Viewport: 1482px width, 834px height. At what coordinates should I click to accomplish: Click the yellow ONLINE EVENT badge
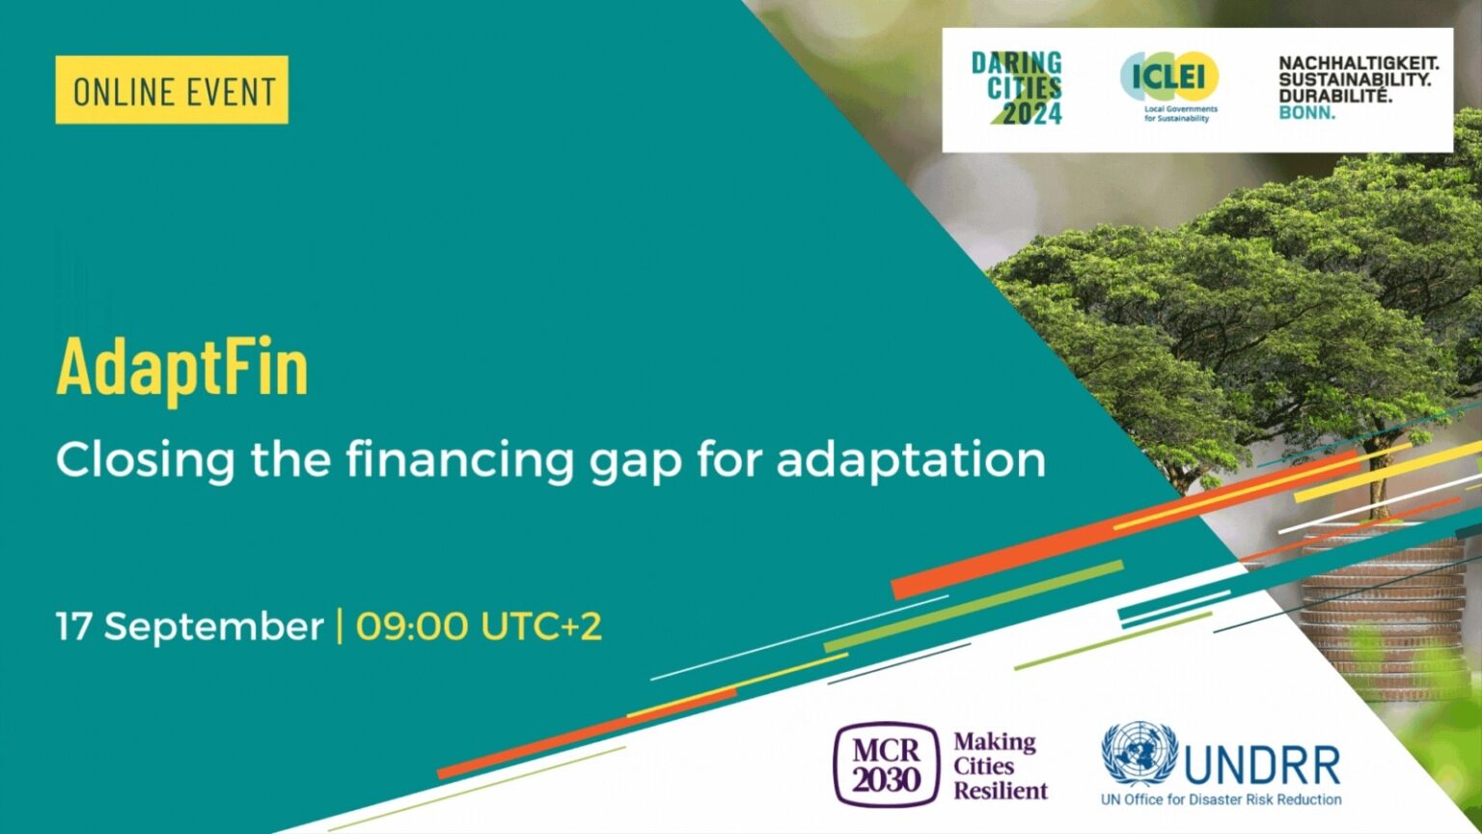tap(172, 90)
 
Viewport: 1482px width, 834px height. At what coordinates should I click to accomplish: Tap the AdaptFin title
tap(182, 367)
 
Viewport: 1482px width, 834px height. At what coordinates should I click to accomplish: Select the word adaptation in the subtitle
tap(911, 459)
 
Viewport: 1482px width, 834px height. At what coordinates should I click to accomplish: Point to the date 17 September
tap(189, 626)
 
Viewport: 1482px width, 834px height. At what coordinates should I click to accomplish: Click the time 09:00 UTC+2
tap(480, 626)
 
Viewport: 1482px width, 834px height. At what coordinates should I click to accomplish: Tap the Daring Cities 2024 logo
tap(1018, 89)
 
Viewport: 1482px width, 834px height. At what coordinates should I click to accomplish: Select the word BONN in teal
tap(1307, 113)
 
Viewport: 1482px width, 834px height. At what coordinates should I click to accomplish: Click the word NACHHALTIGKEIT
tap(1358, 63)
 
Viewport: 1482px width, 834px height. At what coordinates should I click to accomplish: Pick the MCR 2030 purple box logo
tap(886, 764)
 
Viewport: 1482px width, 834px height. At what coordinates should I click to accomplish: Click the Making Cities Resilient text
tap(1000, 766)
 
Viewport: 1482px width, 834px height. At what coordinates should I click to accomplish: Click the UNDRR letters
tap(1262, 764)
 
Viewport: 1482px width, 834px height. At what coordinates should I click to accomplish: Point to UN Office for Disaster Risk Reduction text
tap(1221, 799)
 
